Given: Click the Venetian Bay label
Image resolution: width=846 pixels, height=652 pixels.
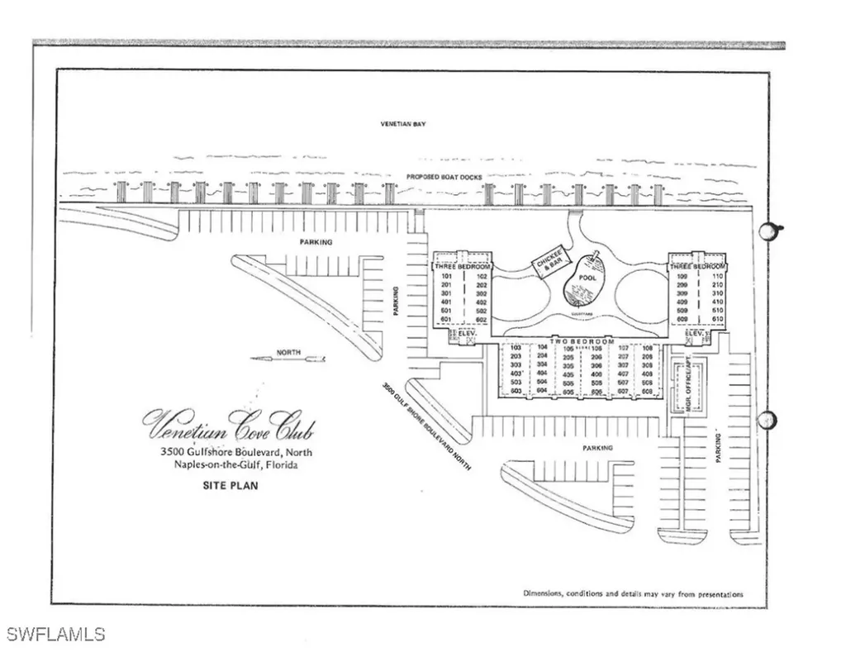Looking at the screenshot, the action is click(402, 124).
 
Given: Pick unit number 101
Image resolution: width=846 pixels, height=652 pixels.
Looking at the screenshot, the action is click(447, 276).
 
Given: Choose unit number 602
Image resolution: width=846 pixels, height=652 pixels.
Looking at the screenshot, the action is click(482, 319).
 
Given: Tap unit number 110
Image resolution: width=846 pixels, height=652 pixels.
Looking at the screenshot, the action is click(715, 276).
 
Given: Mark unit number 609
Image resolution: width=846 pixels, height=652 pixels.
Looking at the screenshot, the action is click(682, 319).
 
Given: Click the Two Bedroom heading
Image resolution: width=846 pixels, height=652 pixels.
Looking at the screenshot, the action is click(583, 340).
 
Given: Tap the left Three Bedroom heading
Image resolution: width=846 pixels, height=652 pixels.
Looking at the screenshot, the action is click(463, 267).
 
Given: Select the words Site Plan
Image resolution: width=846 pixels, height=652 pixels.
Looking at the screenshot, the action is click(230, 486).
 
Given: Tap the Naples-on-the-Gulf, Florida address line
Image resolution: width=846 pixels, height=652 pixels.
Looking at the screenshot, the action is click(236, 465).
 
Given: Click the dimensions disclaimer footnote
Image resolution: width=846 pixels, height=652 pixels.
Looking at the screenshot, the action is click(633, 593).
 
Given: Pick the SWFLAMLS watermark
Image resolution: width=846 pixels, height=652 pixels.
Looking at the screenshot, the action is click(56, 635).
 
